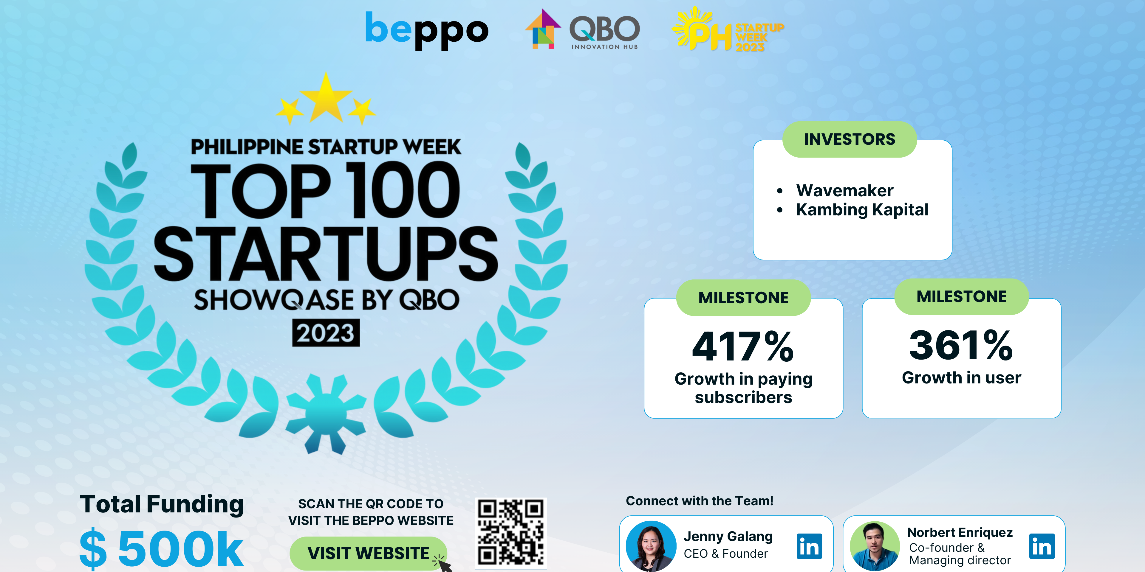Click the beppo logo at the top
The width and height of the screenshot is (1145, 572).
[426, 30]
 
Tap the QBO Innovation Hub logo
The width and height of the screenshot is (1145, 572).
[583, 30]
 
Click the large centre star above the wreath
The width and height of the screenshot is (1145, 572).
[326, 99]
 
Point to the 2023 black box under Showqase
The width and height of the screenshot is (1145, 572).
[326, 333]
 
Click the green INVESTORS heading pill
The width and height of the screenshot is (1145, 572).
[850, 139]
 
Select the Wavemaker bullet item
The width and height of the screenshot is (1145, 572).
[844, 191]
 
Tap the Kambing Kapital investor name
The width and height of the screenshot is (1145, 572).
[862, 210]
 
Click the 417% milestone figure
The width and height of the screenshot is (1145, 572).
[743, 346]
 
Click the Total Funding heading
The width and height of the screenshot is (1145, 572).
[161, 504]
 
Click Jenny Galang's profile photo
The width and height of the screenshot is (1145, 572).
[651, 546]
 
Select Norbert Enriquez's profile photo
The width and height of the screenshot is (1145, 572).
[874, 546]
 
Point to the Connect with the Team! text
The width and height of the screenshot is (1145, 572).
[699, 501]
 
